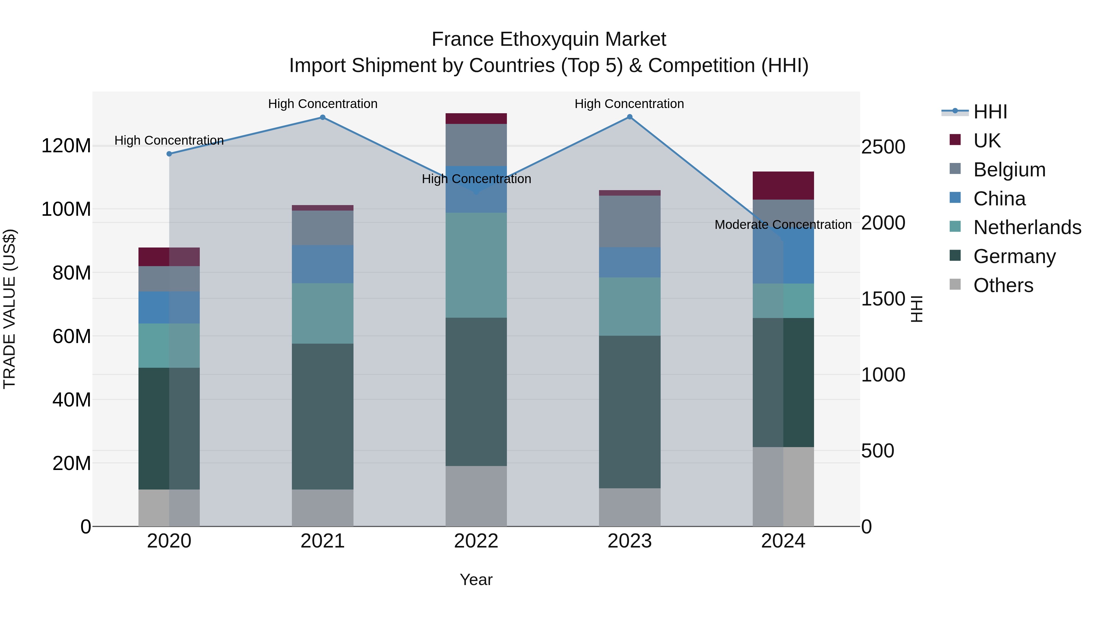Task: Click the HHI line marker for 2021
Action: [x=323, y=117]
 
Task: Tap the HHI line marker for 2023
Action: [x=630, y=117]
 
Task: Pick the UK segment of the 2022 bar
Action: [x=476, y=119]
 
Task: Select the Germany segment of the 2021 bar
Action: [x=323, y=416]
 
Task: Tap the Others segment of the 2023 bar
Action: [x=630, y=507]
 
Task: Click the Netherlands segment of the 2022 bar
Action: [x=476, y=265]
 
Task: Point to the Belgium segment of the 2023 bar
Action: [x=630, y=221]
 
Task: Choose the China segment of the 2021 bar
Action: [x=323, y=264]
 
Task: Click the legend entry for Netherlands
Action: [x=1027, y=227]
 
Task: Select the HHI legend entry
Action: [x=990, y=112]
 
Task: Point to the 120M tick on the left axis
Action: [x=66, y=146]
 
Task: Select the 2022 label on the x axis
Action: [x=476, y=541]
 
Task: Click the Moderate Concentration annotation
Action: [x=783, y=225]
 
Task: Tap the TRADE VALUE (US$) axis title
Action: [x=9, y=309]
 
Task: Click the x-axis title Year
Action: [x=476, y=580]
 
